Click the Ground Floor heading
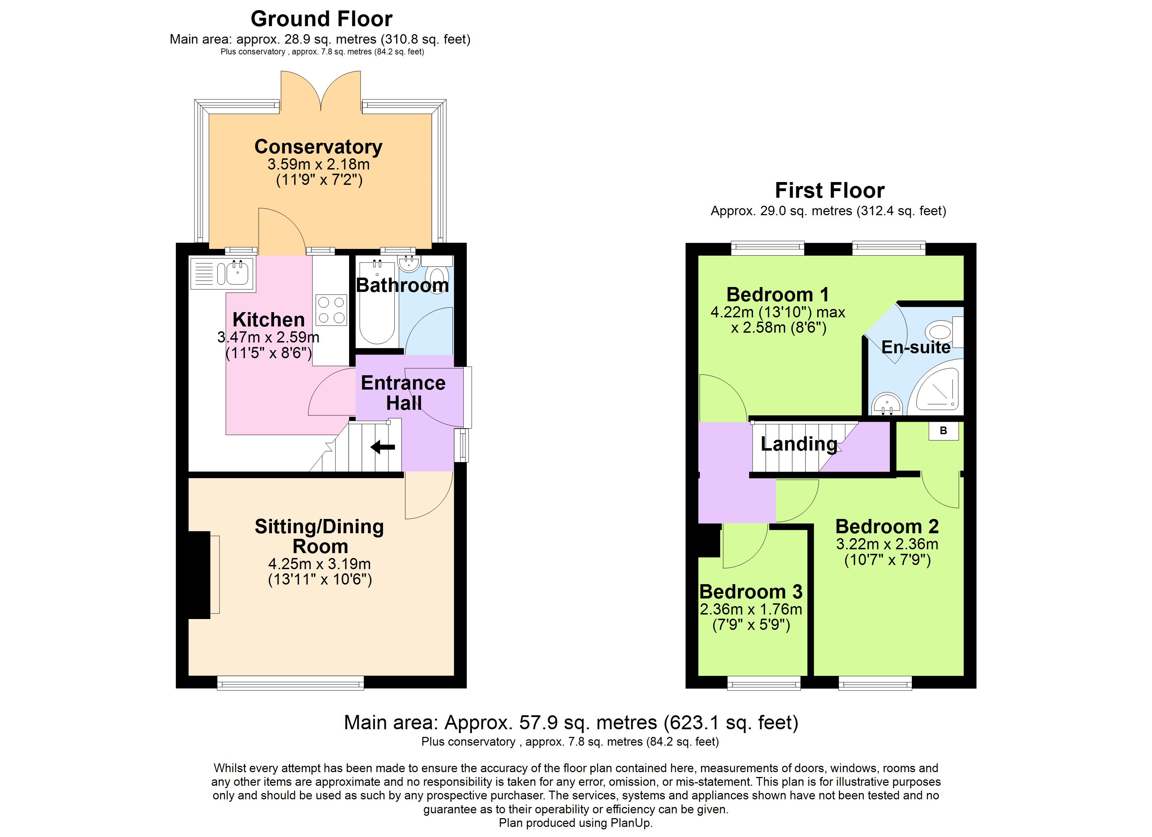click(321, 19)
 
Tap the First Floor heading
click(829, 191)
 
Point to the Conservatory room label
click(318, 147)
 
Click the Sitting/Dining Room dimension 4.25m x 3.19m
click(319, 564)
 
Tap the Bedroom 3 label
click(751, 592)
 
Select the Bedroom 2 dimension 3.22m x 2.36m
click(887, 544)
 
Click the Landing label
click(798, 444)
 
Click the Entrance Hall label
click(403, 392)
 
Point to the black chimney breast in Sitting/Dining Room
click(199, 575)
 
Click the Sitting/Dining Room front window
click(290, 683)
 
